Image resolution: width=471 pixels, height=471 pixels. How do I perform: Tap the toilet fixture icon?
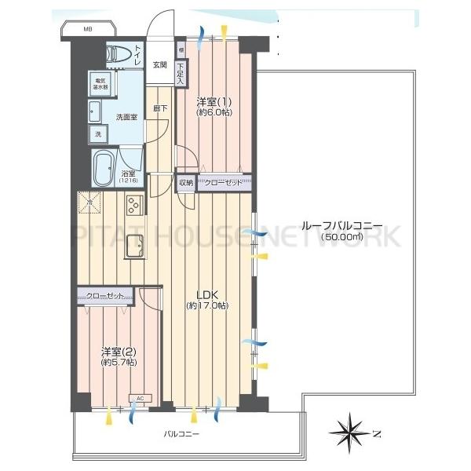pyautogui.click(x=119, y=54)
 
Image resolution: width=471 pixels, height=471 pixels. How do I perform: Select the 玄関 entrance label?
pyautogui.click(x=159, y=64)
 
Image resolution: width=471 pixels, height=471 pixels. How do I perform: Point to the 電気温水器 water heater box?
pyautogui.click(x=101, y=85)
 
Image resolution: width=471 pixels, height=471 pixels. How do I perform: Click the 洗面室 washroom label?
pyautogui.click(x=126, y=118)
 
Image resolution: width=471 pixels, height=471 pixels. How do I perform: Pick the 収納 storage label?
pyautogui.click(x=185, y=183)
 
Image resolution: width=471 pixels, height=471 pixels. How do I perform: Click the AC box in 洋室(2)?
pyautogui.click(x=140, y=399)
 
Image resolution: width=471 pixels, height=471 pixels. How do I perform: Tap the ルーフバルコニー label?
pyautogui.click(x=338, y=223)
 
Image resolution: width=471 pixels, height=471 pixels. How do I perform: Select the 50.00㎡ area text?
pyautogui.click(x=339, y=235)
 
